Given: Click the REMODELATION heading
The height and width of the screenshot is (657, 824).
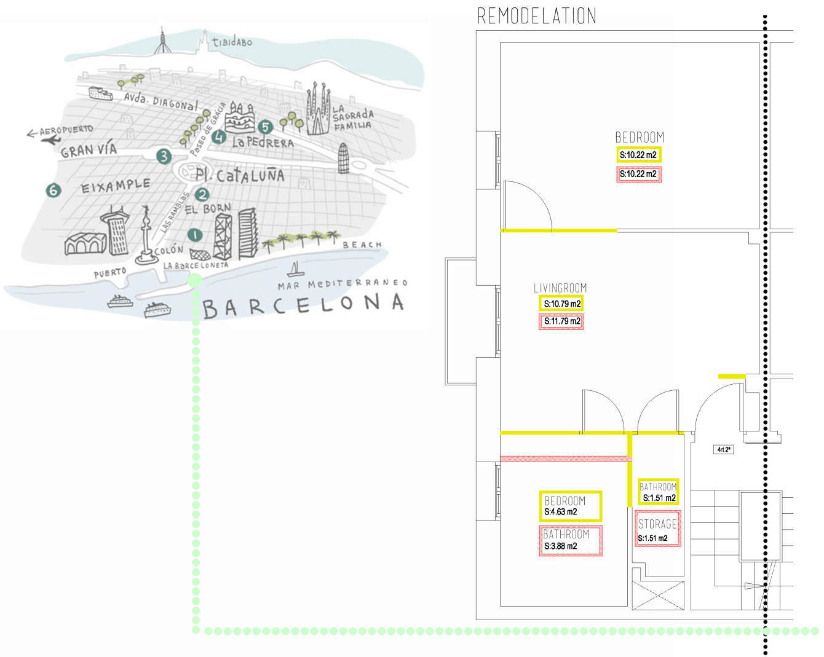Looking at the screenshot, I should click(537, 16).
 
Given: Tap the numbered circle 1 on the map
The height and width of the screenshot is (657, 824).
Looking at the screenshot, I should click(194, 235).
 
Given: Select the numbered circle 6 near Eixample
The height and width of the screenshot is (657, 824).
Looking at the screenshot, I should click(53, 191).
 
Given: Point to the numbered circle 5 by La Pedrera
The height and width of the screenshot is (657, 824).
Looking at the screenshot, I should click(265, 127).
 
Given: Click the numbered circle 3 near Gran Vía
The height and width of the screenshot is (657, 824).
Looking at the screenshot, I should click(163, 156).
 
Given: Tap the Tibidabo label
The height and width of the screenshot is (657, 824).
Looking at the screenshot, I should click(232, 42).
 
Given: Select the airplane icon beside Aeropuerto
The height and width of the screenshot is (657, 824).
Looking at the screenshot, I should click(50, 140).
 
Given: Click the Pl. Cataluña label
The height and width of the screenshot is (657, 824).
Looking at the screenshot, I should click(240, 176).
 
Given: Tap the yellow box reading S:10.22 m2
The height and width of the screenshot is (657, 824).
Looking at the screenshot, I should click(638, 155).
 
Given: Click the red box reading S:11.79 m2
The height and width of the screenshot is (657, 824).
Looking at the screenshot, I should click(561, 321).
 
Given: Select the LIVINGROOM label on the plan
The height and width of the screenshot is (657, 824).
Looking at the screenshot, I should click(560, 288).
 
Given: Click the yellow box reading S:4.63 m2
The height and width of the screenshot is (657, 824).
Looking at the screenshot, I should click(570, 506).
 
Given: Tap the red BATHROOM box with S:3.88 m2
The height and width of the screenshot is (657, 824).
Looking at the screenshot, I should click(570, 540).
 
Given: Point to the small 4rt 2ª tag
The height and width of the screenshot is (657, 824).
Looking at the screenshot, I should click(724, 449).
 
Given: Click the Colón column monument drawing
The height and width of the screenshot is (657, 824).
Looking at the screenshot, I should click(146, 237).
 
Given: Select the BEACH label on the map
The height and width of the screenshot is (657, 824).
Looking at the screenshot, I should click(362, 245).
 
